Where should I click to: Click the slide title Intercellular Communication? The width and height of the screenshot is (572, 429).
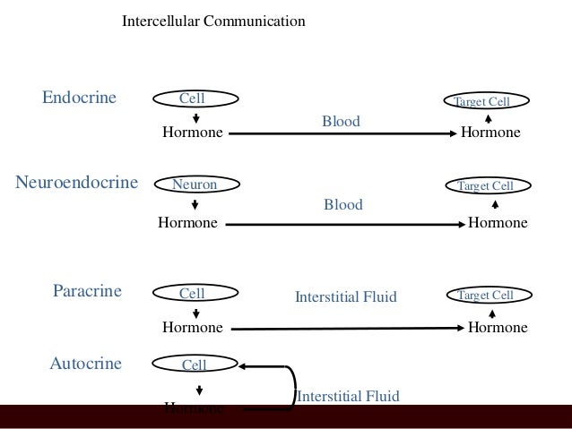pos(213,19)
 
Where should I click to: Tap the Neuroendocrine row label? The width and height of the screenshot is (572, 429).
pos(77,184)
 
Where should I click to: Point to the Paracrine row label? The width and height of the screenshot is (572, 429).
pos(87,292)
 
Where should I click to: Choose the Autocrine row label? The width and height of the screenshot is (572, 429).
pos(85,364)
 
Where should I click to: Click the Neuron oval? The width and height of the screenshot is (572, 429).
pos(195,184)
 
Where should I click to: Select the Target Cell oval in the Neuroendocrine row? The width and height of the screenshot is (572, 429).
pos(486,185)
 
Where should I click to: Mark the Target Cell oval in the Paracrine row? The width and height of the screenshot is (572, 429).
pos(486,295)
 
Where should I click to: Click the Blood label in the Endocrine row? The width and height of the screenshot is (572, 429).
pos(341,120)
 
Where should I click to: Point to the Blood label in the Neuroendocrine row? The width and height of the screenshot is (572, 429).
pos(342,205)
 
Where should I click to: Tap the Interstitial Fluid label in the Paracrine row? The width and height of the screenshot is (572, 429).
pos(345,296)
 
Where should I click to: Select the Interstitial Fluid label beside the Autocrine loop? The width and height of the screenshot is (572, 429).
pos(348,396)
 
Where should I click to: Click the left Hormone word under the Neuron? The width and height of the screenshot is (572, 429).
pos(187,223)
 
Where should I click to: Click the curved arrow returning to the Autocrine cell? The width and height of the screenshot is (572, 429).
pos(292,385)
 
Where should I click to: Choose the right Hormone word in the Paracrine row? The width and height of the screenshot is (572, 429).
pos(498,328)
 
